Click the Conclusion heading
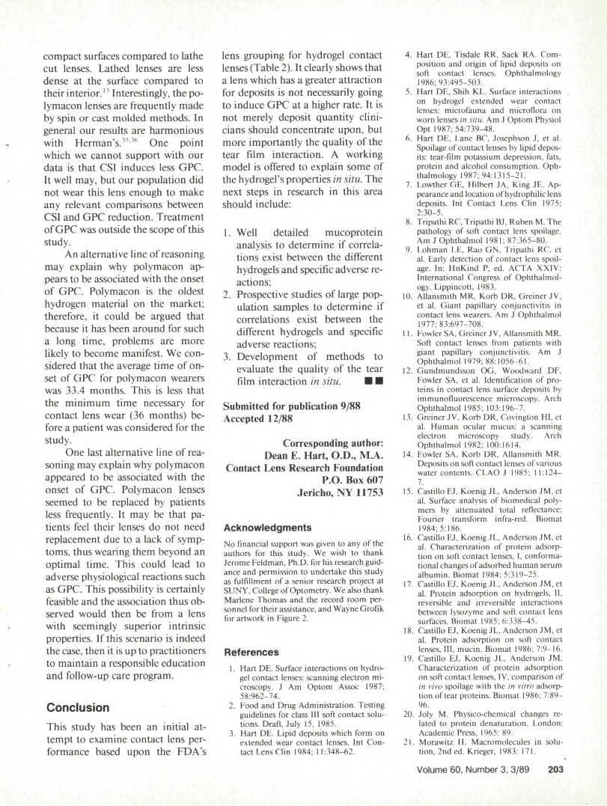pos(78,707)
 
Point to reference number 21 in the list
pos(409,749)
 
